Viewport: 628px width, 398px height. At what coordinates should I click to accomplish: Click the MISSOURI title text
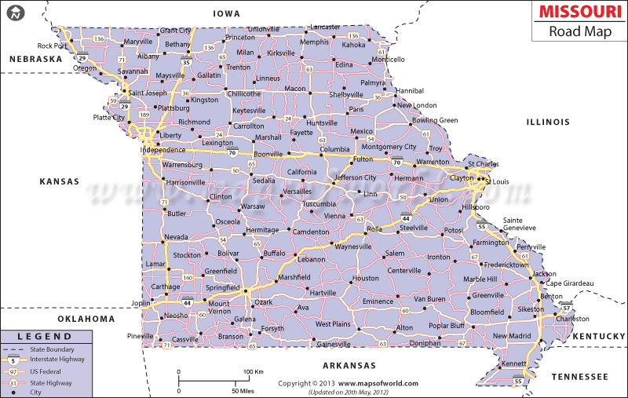tap(576, 13)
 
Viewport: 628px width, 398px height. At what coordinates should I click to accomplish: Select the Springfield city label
tap(223, 288)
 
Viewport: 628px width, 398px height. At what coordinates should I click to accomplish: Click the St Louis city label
tap(497, 181)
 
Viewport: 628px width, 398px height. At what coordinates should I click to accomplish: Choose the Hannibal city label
tap(408, 91)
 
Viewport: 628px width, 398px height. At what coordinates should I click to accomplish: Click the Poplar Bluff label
tap(447, 325)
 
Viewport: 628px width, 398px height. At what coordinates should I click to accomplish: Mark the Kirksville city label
tap(280, 53)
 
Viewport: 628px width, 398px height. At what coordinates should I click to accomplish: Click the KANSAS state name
tap(60, 181)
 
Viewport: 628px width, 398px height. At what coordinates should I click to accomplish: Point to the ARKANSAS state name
tap(349, 366)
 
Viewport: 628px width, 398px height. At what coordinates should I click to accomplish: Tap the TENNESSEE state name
tap(580, 377)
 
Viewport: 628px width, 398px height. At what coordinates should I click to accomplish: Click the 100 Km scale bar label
tap(252, 371)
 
